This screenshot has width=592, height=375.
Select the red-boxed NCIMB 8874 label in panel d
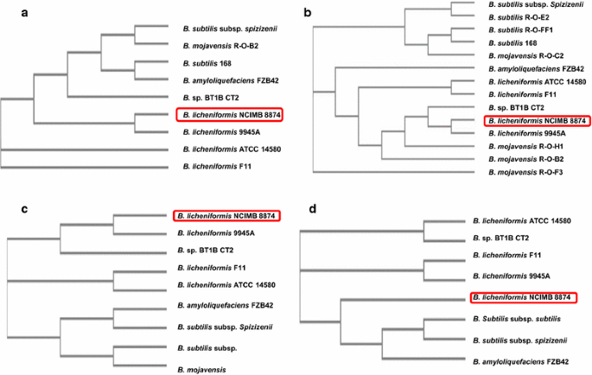pyautogui.click(x=524, y=298)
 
